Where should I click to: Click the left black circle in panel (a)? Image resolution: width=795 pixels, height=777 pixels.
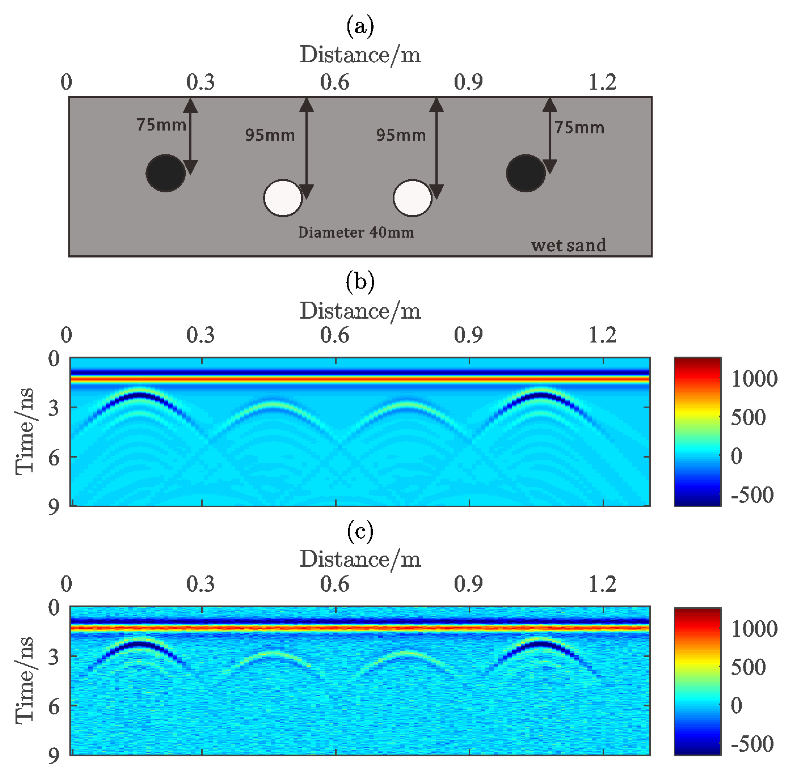(165, 173)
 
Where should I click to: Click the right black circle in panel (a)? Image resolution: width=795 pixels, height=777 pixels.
(526, 173)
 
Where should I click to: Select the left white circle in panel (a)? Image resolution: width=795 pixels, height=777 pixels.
(283, 198)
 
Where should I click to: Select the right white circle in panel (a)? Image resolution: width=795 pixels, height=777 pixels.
(412, 198)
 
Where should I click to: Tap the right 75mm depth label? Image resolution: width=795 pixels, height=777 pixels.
(579, 128)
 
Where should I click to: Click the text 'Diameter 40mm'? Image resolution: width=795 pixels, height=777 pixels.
(356, 233)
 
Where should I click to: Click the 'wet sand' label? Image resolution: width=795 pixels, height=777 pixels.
(568, 245)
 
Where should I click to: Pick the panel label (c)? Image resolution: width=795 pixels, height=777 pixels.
(360, 532)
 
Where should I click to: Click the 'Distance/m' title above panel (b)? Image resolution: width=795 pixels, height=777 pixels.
(360, 311)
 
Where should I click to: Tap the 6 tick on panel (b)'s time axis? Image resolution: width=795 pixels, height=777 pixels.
(54, 458)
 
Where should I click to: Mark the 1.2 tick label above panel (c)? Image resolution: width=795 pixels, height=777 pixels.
(602, 584)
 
